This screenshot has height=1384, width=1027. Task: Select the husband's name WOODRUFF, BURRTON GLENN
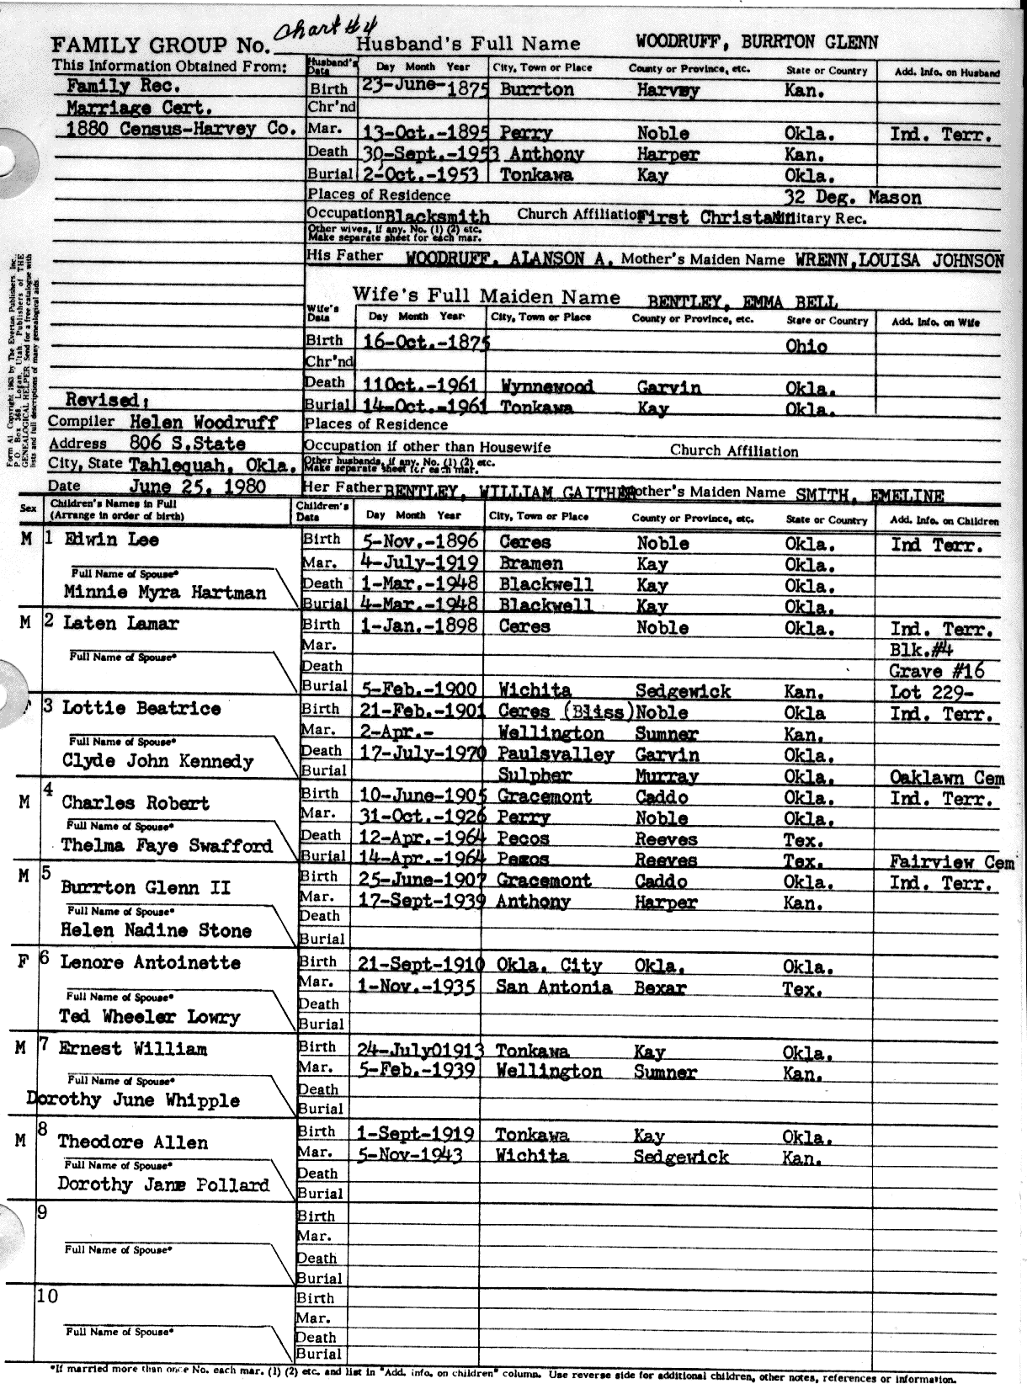757,43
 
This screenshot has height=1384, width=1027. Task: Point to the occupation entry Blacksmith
437,216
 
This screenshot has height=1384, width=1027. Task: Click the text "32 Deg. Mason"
852,199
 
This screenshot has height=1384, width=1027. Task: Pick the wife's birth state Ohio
806,345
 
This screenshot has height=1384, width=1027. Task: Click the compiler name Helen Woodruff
203,423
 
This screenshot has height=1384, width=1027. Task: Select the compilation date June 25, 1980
197,486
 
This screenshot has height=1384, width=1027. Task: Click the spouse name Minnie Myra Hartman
165,593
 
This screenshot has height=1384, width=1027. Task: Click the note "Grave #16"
936,672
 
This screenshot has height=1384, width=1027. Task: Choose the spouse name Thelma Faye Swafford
167,846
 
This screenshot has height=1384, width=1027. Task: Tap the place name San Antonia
553,987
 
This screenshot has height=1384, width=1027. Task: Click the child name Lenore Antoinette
150,962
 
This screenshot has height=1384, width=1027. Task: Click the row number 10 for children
47,1296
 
